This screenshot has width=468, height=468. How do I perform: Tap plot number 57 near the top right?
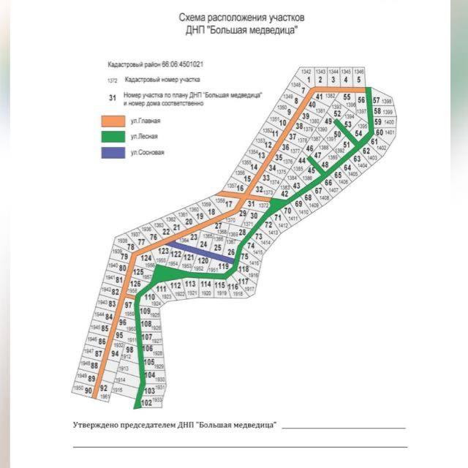(x=376, y=100)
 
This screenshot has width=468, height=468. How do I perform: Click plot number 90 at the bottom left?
(x=88, y=390)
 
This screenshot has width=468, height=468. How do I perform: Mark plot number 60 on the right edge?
(x=379, y=132)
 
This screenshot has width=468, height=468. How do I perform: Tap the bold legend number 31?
(x=112, y=97)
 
